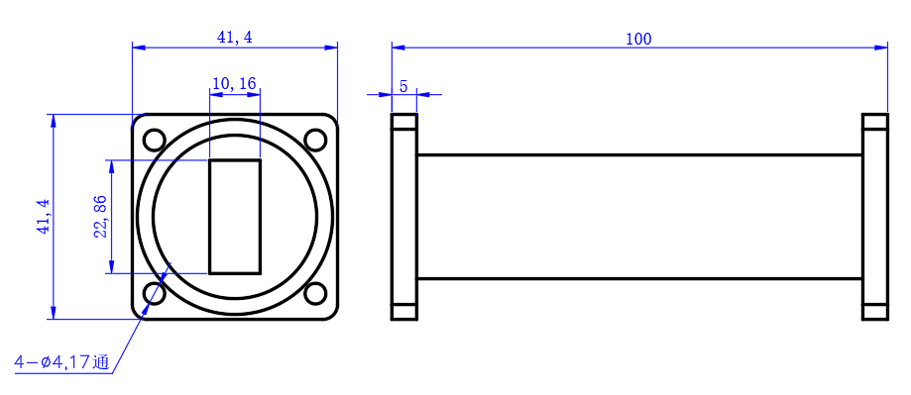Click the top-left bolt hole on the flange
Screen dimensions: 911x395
click(x=155, y=140)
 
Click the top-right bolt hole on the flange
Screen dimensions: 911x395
click(x=315, y=140)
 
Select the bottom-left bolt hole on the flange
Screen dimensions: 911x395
click(x=155, y=293)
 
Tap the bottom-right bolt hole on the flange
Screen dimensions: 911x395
click(x=315, y=293)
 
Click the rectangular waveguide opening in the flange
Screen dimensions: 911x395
click(x=235, y=217)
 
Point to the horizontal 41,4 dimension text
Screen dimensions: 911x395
click(x=235, y=37)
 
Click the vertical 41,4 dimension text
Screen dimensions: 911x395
click(x=44, y=217)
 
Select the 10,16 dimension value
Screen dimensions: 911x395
click(x=234, y=83)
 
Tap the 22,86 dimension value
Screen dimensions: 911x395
click(x=101, y=217)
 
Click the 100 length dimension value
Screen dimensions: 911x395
click(x=638, y=39)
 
